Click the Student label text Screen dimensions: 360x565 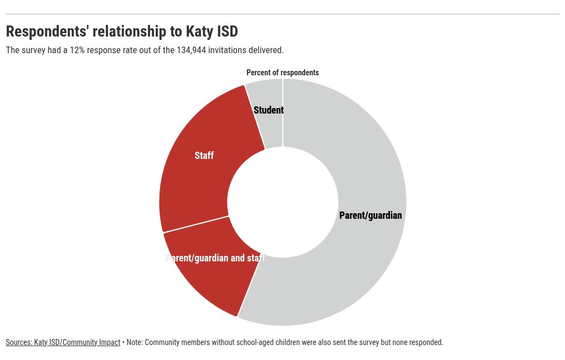269,110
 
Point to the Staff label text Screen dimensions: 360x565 204,156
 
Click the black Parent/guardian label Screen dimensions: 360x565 370,215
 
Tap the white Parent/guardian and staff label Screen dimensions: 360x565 215,258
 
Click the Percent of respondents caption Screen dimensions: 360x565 282,73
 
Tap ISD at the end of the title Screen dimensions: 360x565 228,32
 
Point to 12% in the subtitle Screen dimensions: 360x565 77,50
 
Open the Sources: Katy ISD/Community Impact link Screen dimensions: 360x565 63,342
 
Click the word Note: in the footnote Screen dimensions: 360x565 135,342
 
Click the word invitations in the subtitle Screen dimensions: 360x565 227,50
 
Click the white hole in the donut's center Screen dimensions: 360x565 282,202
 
